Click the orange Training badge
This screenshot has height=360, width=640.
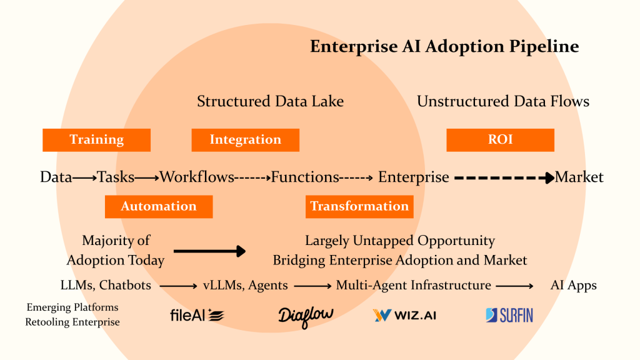pyautogui.click(x=96, y=140)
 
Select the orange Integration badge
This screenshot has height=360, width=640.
pyautogui.click(x=245, y=140)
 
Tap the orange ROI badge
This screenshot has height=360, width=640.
pyautogui.click(x=500, y=140)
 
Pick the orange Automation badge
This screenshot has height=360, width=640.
pyautogui.click(x=159, y=206)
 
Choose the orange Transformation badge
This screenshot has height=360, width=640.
pyautogui.click(x=359, y=206)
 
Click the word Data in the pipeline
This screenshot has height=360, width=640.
pyautogui.click(x=56, y=177)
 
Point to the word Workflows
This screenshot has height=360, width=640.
pyautogui.click(x=197, y=177)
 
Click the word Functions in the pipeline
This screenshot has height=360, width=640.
pyautogui.click(x=305, y=177)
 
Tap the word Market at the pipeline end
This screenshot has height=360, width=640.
pyautogui.click(x=579, y=177)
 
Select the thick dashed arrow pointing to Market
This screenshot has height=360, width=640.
pyautogui.click(x=504, y=177)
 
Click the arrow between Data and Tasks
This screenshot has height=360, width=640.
pyautogui.click(x=84, y=177)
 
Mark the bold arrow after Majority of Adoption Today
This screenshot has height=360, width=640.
pyautogui.click(x=209, y=251)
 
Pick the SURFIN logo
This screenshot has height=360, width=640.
pyautogui.click(x=509, y=316)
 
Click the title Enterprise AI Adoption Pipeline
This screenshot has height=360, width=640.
pyautogui.click(x=444, y=47)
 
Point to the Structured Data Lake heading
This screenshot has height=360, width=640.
pyautogui.click(x=270, y=101)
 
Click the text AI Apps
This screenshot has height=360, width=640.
pyautogui.click(x=573, y=286)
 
